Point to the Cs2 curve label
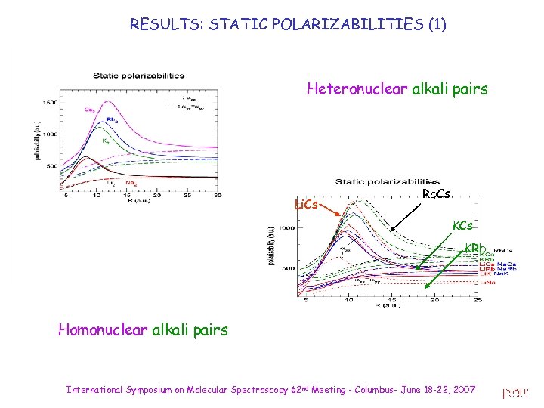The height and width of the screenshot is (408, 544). tap(89, 110)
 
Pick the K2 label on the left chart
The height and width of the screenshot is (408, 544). tap(107, 141)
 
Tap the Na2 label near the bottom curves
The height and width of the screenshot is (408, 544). tap(131, 182)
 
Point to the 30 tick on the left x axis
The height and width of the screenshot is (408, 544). tap(217, 196)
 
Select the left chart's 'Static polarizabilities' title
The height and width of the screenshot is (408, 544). tap(138, 76)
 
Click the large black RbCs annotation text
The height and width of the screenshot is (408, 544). tap(436, 194)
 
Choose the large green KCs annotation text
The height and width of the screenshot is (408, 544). tap(462, 225)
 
